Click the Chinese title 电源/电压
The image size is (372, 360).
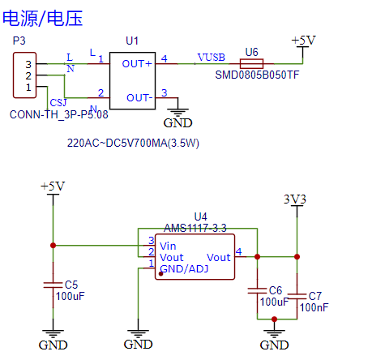(x=42, y=19)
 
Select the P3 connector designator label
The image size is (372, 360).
(x=19, y=41)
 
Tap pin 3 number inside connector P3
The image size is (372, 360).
(x=28, y=65)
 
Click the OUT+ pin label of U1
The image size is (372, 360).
(x=137, y=64)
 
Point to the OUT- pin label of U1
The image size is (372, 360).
(x=139, y=98)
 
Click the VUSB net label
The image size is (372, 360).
(x=212, y=58)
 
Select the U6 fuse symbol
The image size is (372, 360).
(x=251, y=64)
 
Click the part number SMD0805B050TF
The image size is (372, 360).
(x=257, y=75)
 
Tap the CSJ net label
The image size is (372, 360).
(x=58, y=103)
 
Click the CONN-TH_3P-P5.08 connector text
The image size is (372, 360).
(x=59, y=114)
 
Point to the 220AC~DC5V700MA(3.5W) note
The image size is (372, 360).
(x=133, y=143)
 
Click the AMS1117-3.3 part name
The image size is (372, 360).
(x=195, y=229)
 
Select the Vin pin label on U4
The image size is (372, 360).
(x=168, y=246)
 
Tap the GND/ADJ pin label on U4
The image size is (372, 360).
(x=184, y=269)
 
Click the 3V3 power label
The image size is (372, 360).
(x=295, y=199)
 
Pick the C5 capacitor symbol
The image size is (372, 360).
(x=53, y=285)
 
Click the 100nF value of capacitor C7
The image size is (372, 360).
(x=314, y=307)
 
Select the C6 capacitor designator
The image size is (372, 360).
(x=276, y=290)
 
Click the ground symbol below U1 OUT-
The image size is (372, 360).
(x=177, y=112)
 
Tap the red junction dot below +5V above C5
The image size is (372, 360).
(x=53, y=246)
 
